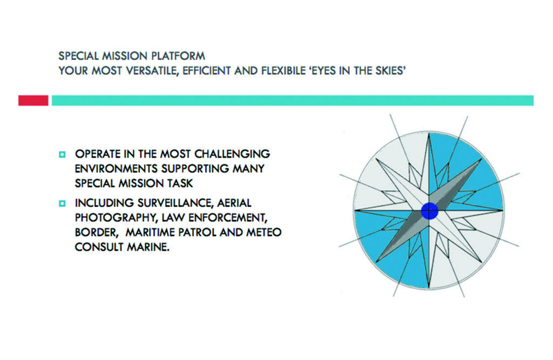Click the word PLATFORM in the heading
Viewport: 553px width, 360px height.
178,56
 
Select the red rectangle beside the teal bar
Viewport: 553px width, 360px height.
33,100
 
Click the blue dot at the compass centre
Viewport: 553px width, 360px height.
429,211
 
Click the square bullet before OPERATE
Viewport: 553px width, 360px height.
63,154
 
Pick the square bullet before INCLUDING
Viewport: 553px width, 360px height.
63,203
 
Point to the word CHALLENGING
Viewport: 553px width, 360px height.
232,154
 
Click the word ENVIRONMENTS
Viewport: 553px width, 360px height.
116,168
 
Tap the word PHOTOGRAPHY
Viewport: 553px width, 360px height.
116,218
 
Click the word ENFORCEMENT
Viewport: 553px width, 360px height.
228,218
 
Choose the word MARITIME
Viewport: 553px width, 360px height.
150,233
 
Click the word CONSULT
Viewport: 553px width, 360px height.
99,247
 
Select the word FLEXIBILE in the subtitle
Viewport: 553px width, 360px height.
284,71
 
